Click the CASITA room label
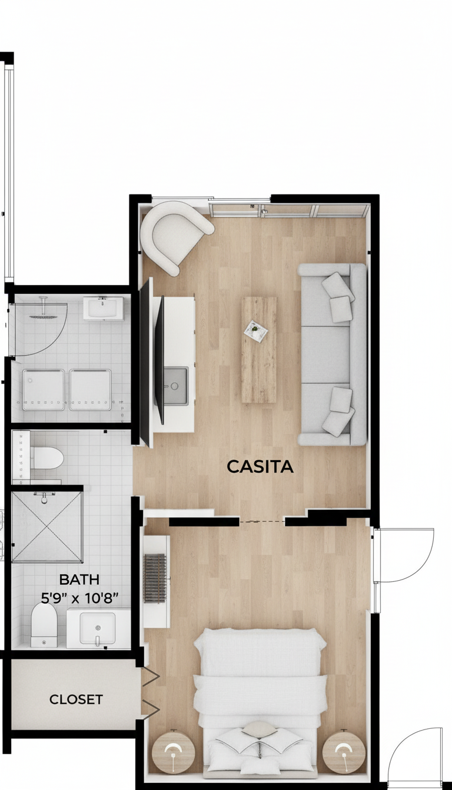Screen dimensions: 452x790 [x=260, y=467]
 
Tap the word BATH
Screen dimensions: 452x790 [x=79, y=580]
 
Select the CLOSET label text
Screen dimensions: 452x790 [x=76, y=699]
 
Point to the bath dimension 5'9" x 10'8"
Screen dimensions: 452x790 [x=79, y=598]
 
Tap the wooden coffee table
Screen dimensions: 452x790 [x=259, y=350]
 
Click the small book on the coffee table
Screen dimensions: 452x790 [x=255, y=331]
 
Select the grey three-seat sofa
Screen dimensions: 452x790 [x=332, y=354]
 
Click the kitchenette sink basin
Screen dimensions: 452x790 [x=176, y=386]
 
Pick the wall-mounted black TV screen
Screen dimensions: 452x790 [x=159, y=360]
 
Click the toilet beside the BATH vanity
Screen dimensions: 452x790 [x=44, y=625]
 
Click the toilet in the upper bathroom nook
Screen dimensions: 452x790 [x=46, y=458]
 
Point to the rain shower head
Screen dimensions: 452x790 [x=43, y=316]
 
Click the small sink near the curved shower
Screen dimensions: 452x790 [x=104, y=308]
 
